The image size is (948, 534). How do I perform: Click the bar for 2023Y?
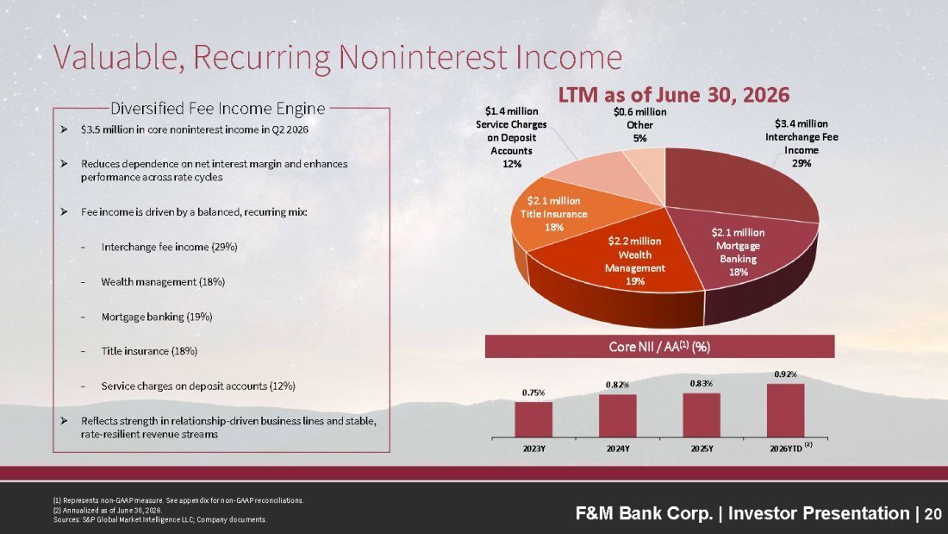coord(533,419)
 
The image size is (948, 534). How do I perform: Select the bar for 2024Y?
coord(617,416)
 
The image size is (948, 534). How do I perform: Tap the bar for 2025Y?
coord(702,415)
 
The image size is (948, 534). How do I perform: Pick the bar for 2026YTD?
coord(785,411)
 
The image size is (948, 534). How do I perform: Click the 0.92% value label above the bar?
coord(785,374)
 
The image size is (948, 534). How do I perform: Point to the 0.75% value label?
coord(533,393)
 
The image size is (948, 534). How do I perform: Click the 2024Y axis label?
coord(618,449)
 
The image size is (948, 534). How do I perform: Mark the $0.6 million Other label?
coord(639,125)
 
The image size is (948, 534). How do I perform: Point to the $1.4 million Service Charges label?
coord(511,137)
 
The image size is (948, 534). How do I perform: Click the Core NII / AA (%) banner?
coord(659,346)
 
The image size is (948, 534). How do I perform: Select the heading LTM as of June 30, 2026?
coord(674,95)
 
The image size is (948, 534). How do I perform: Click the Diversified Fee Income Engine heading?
coord(218,109)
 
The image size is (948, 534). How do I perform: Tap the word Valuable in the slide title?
coord(120,58)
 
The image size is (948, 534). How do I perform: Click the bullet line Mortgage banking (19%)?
coord(157,317)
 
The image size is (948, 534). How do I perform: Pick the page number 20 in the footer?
coord(932,514)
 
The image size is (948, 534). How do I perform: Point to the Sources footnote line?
coord(159,519)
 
